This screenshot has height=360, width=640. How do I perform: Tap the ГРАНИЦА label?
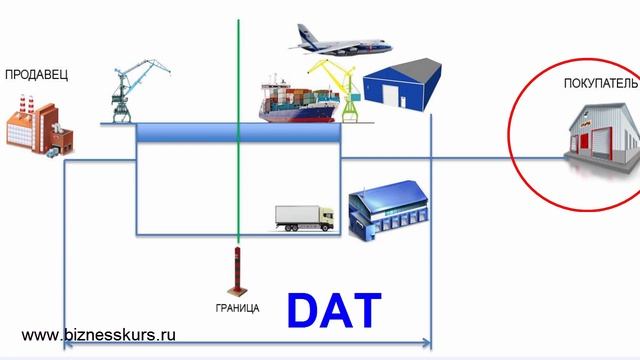(237, 308)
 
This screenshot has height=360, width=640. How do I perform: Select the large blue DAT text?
(334, 310)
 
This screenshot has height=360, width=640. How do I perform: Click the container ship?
(300, 100)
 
